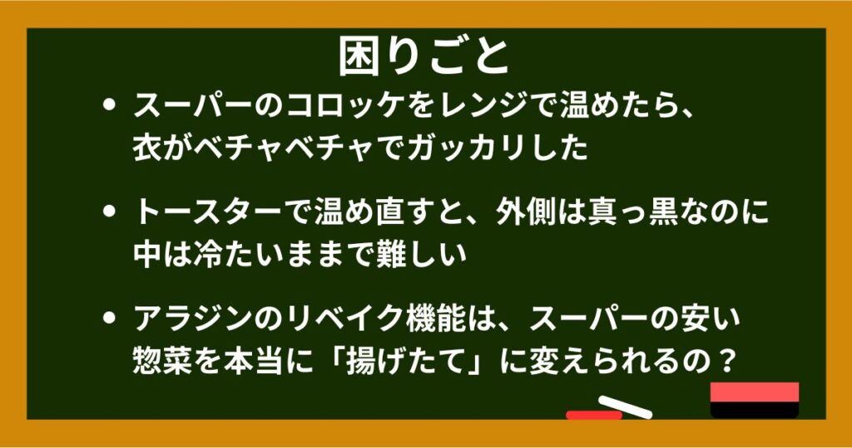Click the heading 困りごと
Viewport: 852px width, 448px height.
424,57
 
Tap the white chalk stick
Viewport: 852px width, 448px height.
626,407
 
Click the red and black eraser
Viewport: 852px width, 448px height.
754,401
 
